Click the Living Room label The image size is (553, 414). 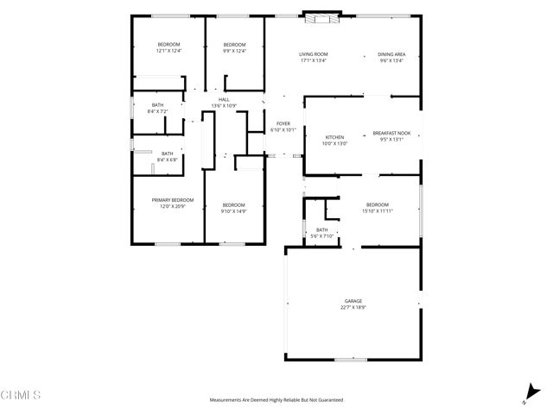pyautogui.click(x=314, y=54)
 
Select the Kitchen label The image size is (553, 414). pyautogui.click(x=335, y=137)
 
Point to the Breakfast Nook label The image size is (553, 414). pyautogui.click(x=391, y=133)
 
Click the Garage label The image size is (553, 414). pyautogui.click(x=351, y=301)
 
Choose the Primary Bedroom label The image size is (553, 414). pyautogui.click(x=173, y=200)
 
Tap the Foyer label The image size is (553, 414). pyautogui.click(x=283, y=124)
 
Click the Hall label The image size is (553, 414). pyautogui.click(x=224, y=100)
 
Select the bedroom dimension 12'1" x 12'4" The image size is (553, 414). pyautogui.click(x=168, y=51)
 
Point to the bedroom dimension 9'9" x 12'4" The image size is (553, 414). pyautogui.click(x=235, y=51)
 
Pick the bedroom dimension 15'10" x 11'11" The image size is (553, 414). pyautogui.click(x=378, y=210)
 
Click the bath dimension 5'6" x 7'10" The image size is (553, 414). pyautogui.click(x=321, y=235)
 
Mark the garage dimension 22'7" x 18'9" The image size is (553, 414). pyautogui.click(x=351, y=307)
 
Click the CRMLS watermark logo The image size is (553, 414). pyautogui.click(x=21, y=395)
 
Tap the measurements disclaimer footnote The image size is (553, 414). pyautogui.click(x=276, y=400)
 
